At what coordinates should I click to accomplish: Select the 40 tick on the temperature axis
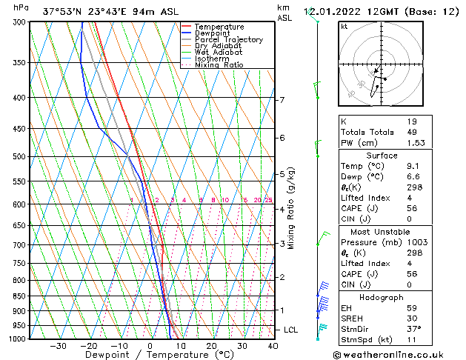tap(273, 346)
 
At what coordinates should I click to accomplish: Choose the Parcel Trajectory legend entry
tap(228, 40)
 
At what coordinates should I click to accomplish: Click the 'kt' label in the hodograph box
tap(344, 27)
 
